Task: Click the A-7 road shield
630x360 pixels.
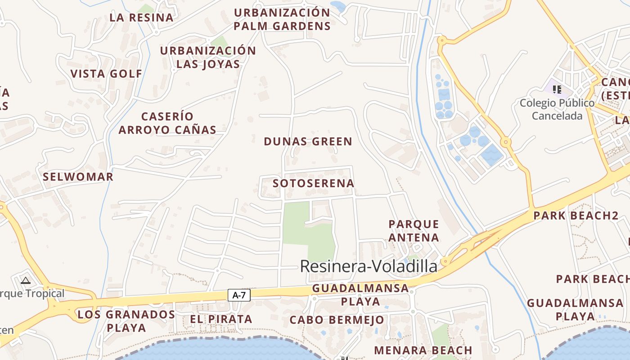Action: (239, 295)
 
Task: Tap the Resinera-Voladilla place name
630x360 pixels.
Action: (368, 266)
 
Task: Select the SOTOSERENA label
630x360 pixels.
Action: (313, 184)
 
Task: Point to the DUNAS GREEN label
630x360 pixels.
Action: (308, 142)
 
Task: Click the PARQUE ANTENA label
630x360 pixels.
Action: (414, 230)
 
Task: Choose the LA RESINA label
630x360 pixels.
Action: (141, 18)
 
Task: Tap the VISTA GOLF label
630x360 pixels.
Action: (106, 74)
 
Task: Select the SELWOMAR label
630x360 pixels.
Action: (78, 177)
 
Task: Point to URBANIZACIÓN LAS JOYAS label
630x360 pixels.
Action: (208, 57)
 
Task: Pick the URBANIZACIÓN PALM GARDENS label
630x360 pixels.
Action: (282, 19)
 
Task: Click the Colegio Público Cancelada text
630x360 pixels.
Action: (557, 109)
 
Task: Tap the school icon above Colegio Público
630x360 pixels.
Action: (557, 89)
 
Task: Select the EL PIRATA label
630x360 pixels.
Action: (221, 319)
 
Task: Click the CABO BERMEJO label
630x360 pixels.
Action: (337, 320)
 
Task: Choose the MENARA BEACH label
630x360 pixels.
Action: (423, 350)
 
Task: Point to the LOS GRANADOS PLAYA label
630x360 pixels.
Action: (126, 321)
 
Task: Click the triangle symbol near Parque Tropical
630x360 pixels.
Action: (26, 281)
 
